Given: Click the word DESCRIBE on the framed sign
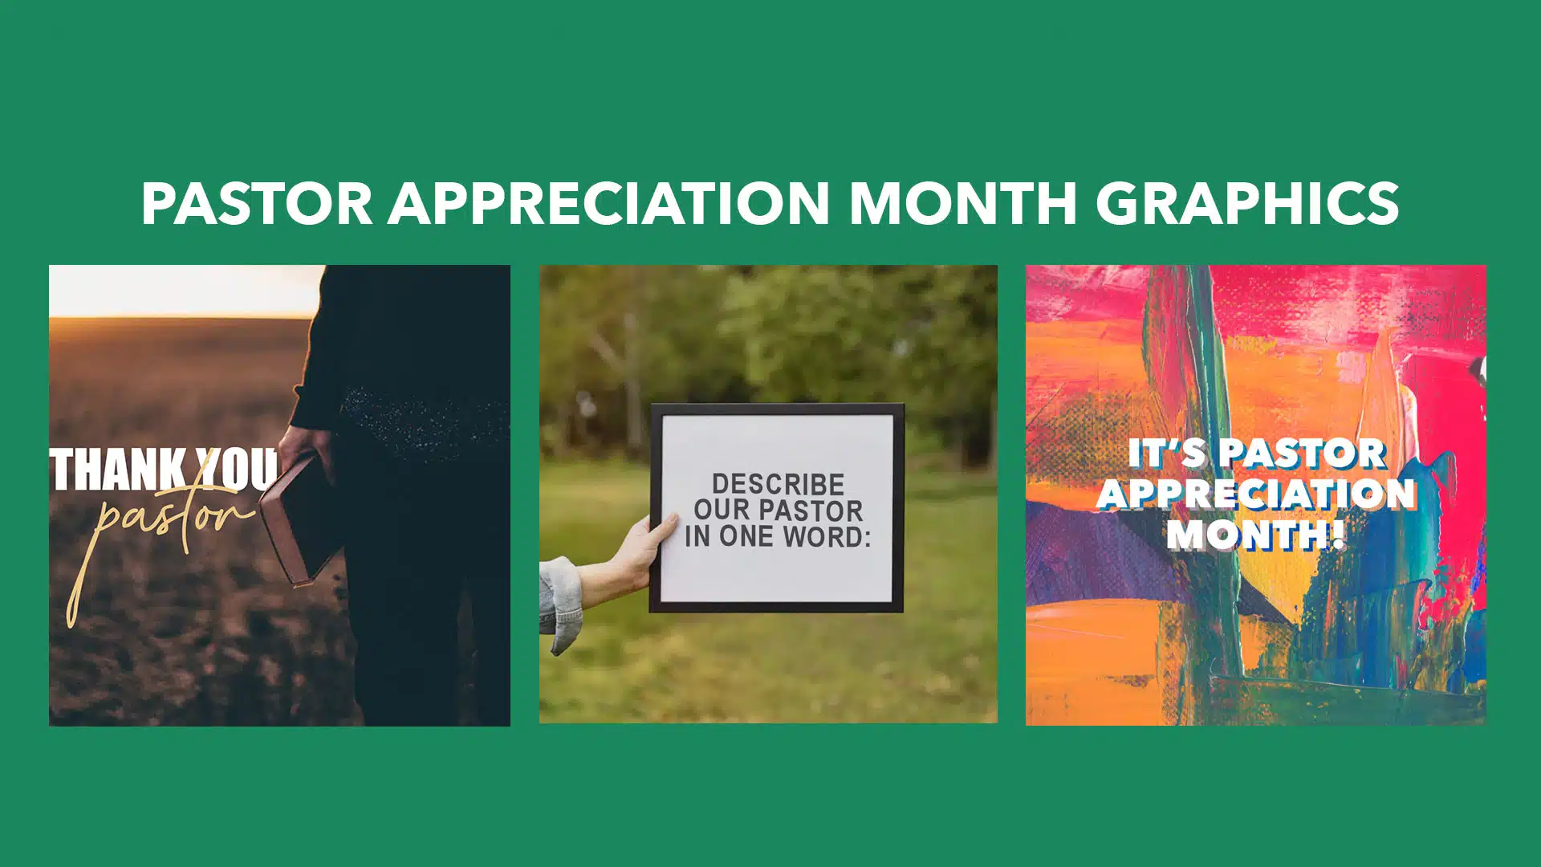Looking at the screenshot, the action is point(778,484).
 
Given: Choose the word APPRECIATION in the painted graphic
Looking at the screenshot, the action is point(1257,494).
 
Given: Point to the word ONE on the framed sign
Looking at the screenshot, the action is point(748,536).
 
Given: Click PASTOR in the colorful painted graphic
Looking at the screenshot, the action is point(1304,454).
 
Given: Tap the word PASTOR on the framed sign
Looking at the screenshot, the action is point(811,510).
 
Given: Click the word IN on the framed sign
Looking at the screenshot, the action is point(698,536).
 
